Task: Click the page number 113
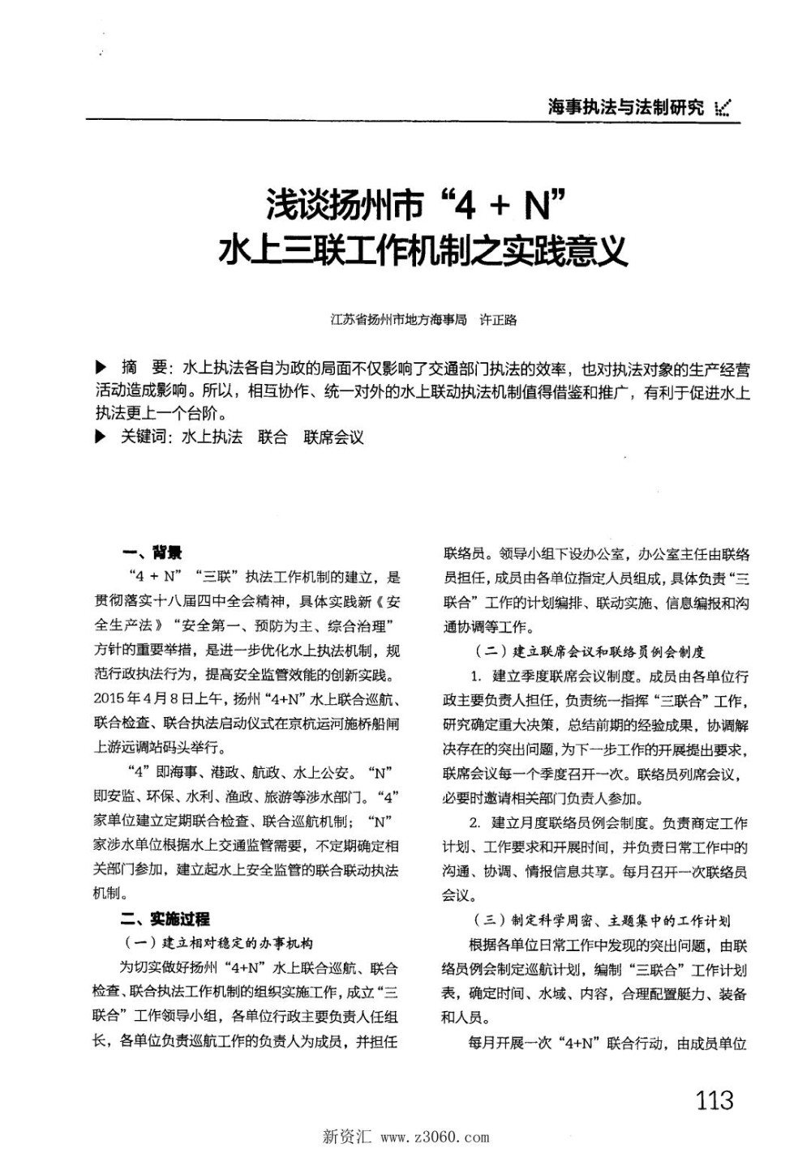[714, 1099]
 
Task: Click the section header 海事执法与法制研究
[625, 107]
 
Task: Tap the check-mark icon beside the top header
[724, 108]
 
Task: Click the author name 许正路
[498, 319]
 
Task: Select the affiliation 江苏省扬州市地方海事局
[399, 319]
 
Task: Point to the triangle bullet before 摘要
[101, 369]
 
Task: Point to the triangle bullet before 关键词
[101, 437]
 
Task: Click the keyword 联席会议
[334, 438]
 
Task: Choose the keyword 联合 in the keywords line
[272, 438]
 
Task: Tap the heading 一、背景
[152, 553]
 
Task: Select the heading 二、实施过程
[165, 919]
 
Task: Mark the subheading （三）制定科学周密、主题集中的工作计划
[601, 920]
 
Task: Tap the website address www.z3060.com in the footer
[435, 1137]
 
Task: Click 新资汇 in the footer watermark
[346, 1137]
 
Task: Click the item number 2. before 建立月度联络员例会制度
[475, 824]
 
